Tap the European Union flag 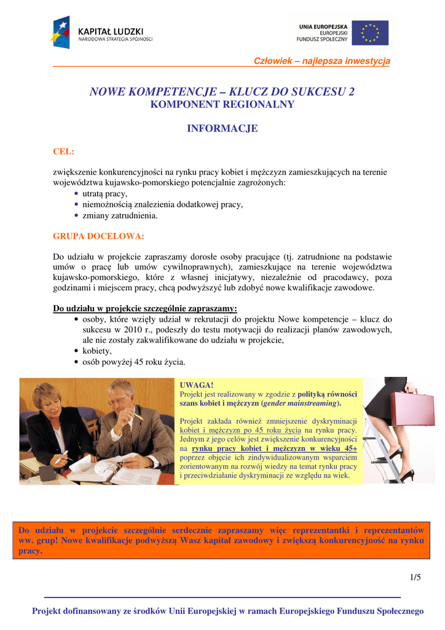pos(370,33)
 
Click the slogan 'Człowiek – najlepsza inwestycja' pos(322,60)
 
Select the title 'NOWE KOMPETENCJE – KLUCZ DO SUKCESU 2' pos(222,92)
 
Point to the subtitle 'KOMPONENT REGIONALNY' pos(222,105)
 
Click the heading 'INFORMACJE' pos(222,129)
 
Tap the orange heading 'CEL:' pos(64,151)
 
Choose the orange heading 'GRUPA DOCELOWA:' pos(98,236)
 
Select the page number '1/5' pos(415,577)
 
